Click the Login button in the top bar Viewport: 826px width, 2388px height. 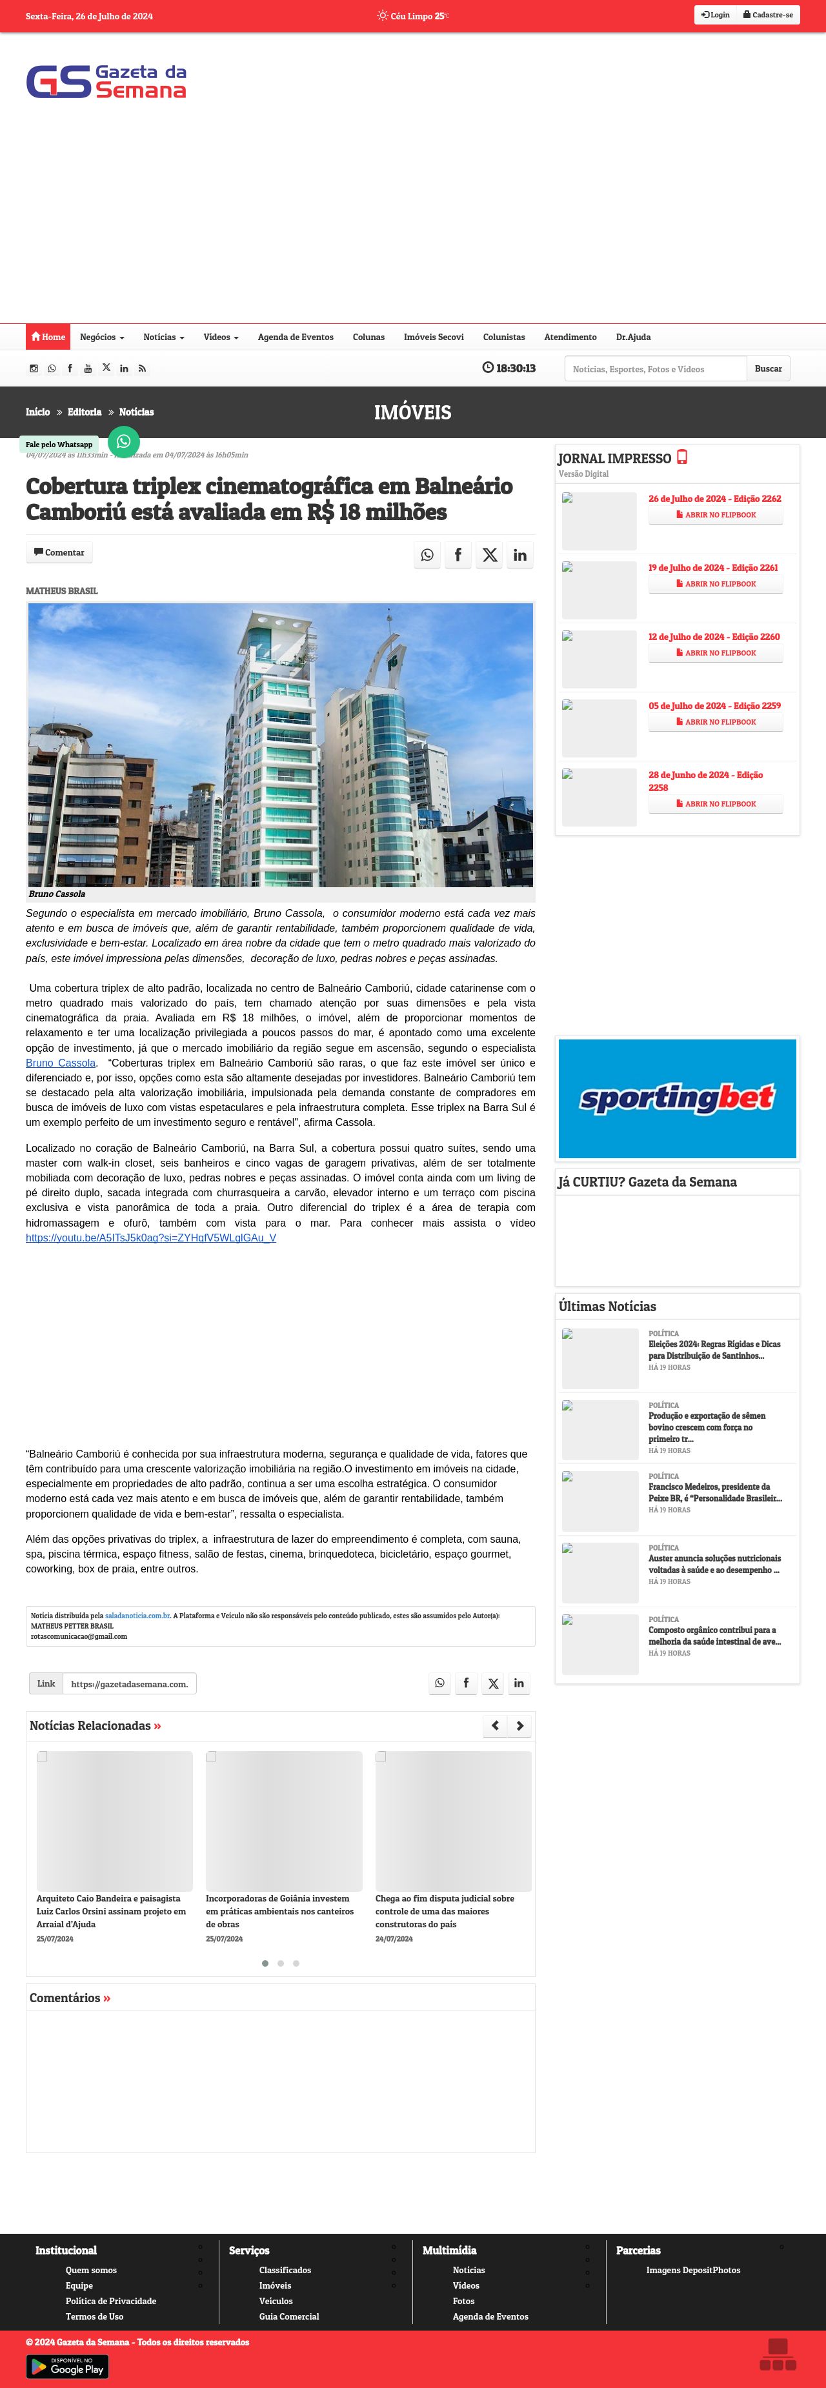(x=715, y=15)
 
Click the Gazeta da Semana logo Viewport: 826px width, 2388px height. (x=106, y=81)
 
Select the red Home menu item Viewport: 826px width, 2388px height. (x=48, y=337)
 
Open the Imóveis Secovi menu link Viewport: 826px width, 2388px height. (x=433, y=337)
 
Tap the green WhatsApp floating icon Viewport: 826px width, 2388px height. (x=123, y=441)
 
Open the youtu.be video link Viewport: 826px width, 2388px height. (x=150, y=1238)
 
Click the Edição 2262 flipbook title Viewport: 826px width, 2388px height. (x=714, y=499)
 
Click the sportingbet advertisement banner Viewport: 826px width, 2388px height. (x=677, y=1099)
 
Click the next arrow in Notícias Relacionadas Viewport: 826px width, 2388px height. (x=520, y=1725)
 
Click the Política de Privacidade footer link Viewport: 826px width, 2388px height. (x=110, y=2301)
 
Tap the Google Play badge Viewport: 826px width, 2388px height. (x=66, y=2367)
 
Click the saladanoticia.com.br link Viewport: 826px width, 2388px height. (x=137, y=1615)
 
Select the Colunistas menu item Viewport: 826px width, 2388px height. (x=503, y=337)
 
